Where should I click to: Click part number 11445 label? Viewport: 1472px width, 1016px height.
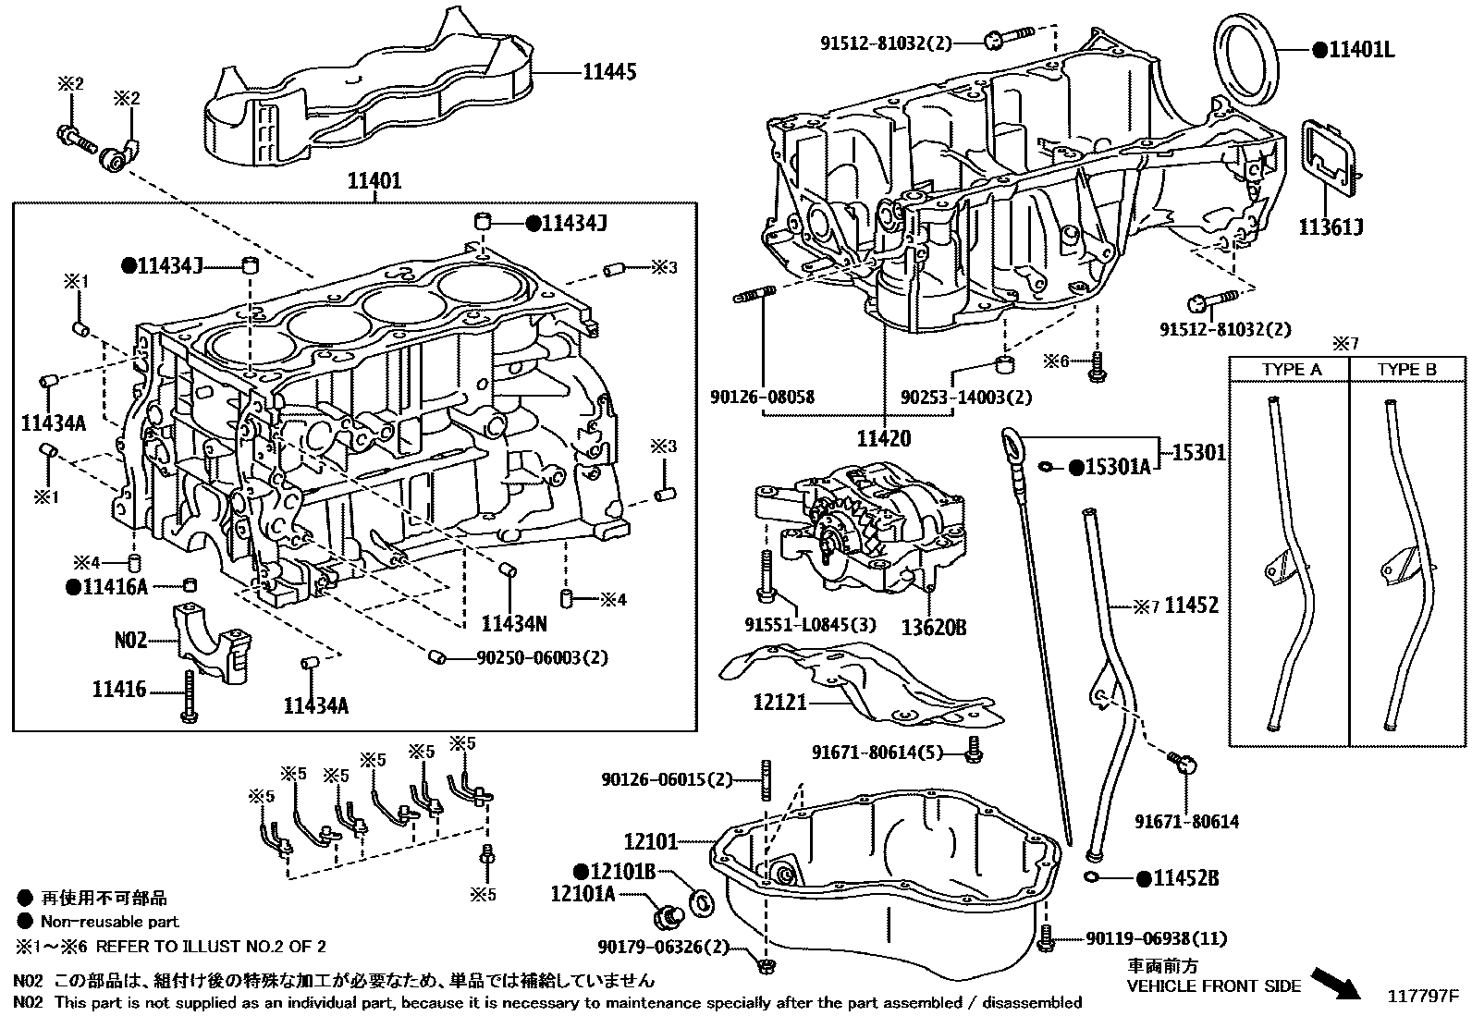pyautogui.click(x=608, y=71)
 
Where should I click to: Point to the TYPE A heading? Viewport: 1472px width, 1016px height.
pyautogui.click(x=1292, y=370)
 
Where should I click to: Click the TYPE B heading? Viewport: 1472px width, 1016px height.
pyautogui.click(x=1406, y=370)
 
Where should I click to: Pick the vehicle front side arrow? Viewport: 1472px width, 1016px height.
pyautogui.click(x=1336, y=982)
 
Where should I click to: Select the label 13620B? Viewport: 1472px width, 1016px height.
pyautogui.click(x=934, y=628)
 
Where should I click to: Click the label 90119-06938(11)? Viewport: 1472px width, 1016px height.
pyautogui.click(x=1156, y=939)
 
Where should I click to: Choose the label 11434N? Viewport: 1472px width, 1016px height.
pyautogui.click(x=513, y=625)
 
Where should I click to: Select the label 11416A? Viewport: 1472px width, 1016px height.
pyautogui.click(x=115, y=586)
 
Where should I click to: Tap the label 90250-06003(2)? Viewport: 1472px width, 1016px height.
pyautogui.click(x=543, y=658)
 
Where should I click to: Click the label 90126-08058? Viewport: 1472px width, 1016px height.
pyautogui.click(x=763, y=397)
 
